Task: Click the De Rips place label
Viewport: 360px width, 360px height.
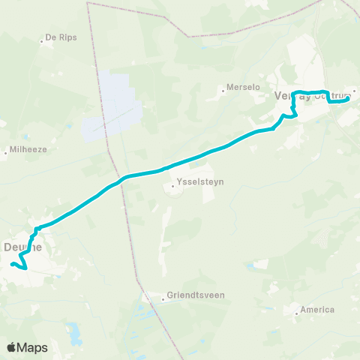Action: point(62,37)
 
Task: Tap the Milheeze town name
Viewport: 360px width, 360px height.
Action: point(29,149)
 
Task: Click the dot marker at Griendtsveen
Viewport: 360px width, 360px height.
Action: point(163,298)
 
